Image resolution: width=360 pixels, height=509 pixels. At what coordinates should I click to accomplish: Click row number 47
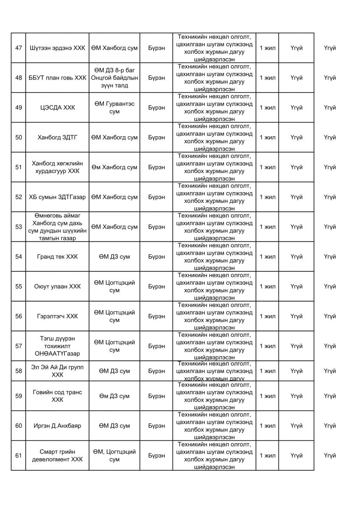coord(19,48)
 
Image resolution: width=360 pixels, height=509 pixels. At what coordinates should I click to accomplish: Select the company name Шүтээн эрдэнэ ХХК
coord(57,48)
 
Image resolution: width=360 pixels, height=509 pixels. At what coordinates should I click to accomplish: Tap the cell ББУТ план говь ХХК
coord(57,78)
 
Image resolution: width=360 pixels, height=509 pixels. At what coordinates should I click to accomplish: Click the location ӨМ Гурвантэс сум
coord(114,108)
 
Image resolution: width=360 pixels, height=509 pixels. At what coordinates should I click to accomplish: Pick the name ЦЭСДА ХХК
coord(57,108)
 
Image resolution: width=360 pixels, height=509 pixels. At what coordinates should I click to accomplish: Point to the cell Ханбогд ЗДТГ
coord(57,137)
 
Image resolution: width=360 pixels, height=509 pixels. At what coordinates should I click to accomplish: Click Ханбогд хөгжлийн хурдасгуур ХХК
coord(57,167)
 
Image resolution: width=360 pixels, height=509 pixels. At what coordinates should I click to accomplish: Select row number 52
coord(19,197)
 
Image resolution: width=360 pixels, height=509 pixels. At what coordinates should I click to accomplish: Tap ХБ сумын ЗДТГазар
coord(57,197)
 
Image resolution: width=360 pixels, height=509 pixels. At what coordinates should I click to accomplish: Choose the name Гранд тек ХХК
coord(57,257)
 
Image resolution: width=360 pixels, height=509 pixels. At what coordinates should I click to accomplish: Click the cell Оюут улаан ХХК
coord(57,286)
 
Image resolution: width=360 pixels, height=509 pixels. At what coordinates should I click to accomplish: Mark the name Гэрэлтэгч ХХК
coord(57,316)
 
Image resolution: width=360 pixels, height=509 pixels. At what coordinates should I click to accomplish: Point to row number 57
coord(19,346)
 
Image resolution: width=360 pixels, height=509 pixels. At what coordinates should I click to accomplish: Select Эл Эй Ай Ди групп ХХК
coord(57,371)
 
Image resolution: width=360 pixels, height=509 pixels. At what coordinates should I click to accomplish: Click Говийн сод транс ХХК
coord(57,396)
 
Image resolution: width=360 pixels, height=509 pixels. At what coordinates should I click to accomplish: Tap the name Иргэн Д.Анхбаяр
coord(57,425)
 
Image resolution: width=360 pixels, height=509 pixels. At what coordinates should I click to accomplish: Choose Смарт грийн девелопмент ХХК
coord(57,456)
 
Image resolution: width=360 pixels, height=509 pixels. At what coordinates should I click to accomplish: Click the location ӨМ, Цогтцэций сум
coord(114,456)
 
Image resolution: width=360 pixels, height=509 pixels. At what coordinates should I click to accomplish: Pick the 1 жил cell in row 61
coord(267,456)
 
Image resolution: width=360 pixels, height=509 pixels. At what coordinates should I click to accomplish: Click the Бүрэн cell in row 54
coord(157,257)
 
